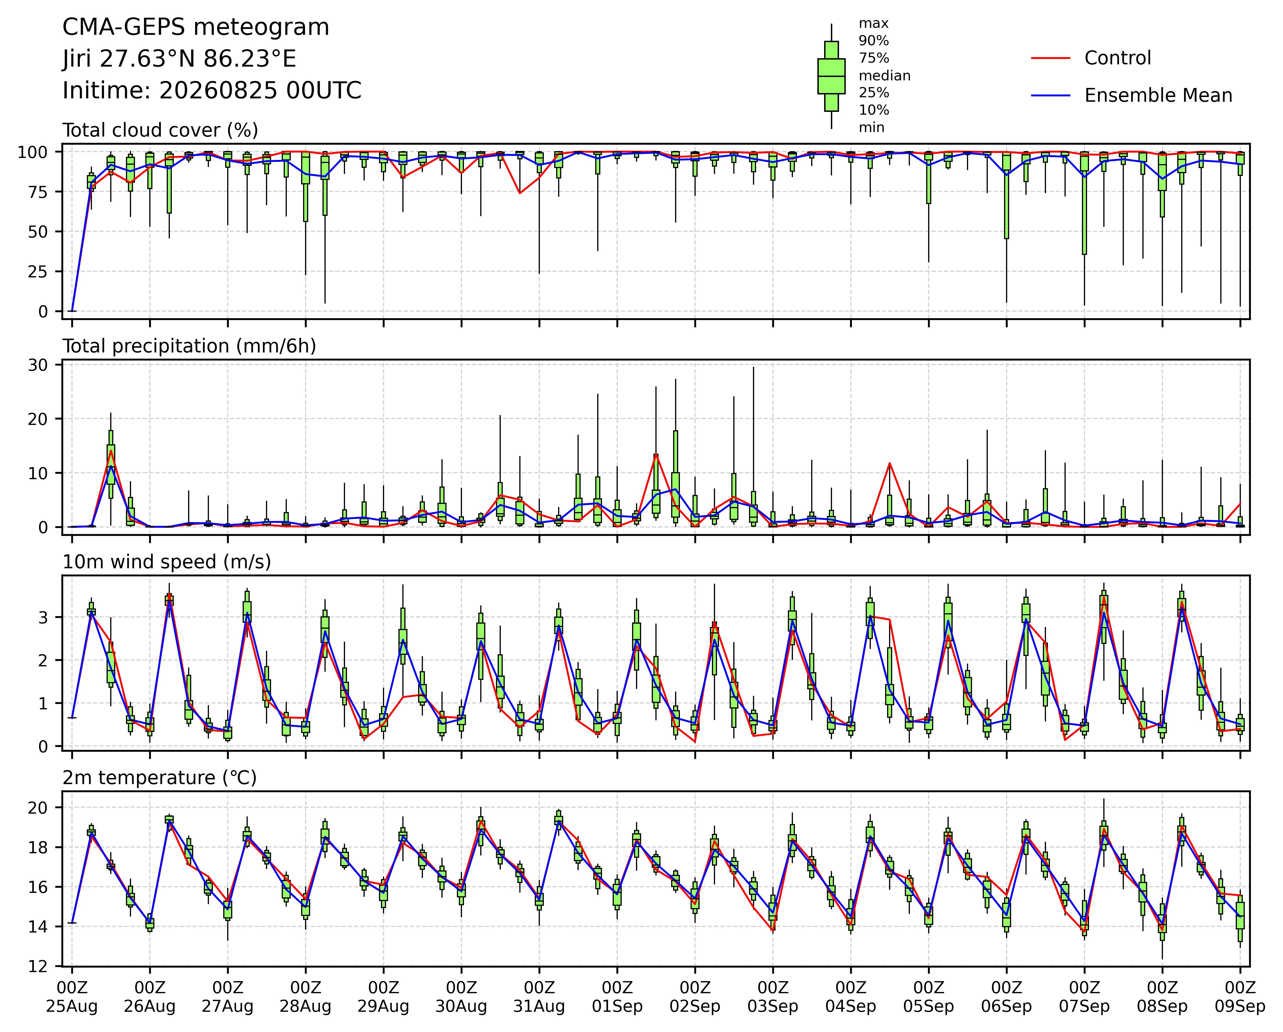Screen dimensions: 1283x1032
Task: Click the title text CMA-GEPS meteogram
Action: coord(196,27)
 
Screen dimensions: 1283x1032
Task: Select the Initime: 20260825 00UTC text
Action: coord(212,90)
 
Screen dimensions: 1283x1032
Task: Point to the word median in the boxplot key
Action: coord(884,76)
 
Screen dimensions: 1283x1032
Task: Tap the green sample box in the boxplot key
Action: coord(831,76)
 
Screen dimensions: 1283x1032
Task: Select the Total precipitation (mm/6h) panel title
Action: coord(189,346)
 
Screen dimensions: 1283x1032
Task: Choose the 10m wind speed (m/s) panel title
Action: coord(167,562)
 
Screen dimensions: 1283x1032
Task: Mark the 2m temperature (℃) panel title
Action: coord(159,778)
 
